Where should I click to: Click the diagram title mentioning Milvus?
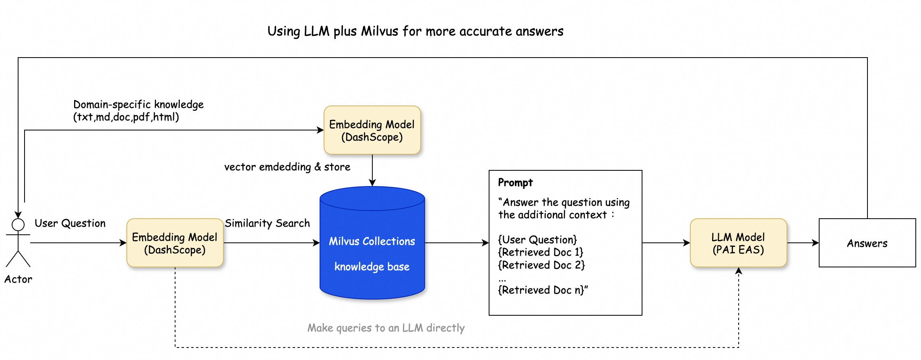415,31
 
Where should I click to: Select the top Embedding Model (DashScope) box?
372,130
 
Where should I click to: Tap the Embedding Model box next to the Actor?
175,243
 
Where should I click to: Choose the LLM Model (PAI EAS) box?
738,243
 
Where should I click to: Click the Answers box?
867,243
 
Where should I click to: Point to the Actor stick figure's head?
18,225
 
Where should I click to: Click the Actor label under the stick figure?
18,279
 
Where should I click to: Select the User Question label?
70,223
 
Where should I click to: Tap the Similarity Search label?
267,223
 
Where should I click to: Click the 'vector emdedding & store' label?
287,167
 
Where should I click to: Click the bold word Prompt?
515,182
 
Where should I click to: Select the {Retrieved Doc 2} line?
541,265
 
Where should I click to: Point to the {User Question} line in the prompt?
537,240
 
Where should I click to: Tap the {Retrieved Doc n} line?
543,290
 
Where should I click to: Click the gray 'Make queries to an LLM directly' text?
386,328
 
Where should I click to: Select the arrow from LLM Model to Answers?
803,243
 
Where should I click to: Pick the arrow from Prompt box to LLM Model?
666,243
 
